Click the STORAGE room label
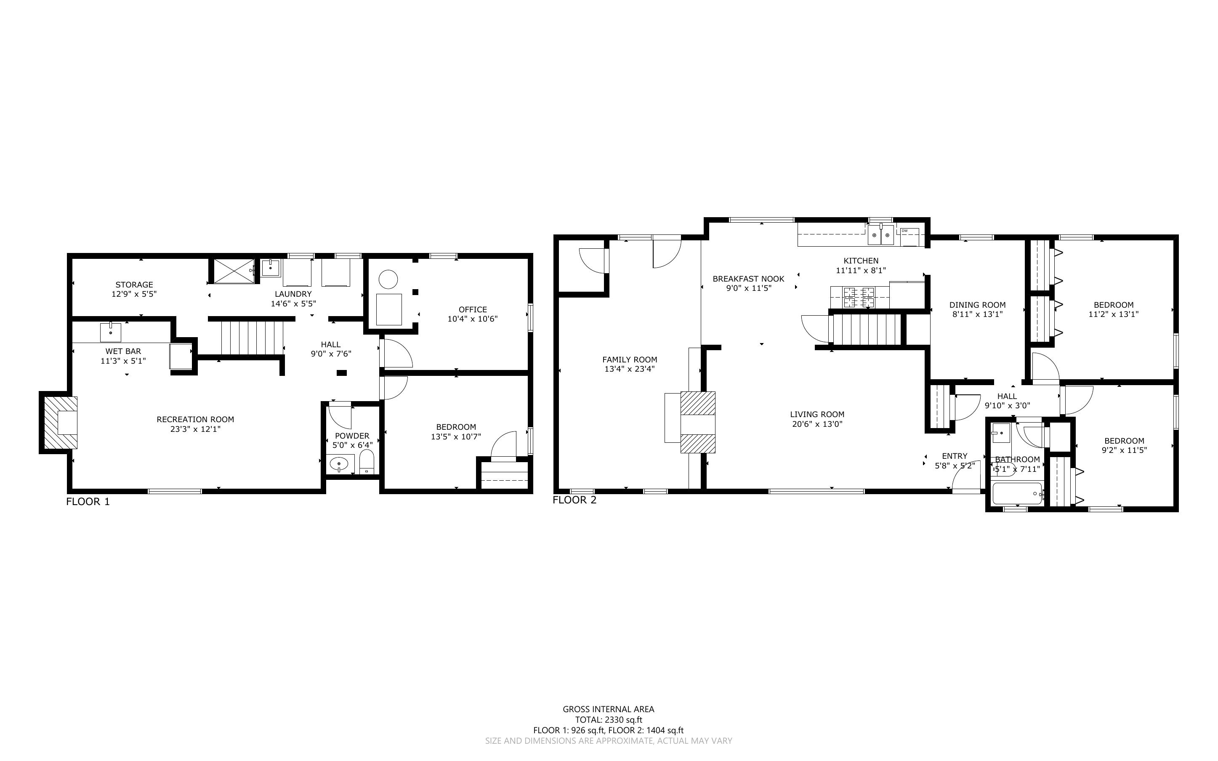134,285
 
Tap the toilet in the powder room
367,462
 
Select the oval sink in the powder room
339,464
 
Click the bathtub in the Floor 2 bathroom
1017,493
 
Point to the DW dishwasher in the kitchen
910,237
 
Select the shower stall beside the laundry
234,271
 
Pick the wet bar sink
111,332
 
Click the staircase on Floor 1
253,338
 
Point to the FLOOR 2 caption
574,500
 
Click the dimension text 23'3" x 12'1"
195,429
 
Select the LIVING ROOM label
817,415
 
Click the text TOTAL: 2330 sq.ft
609,720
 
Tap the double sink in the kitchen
880,235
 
